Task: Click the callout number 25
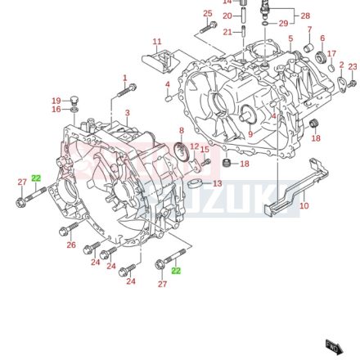click(x=207, y=13)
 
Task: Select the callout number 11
click(x=157, y=39)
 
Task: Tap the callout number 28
click(x=306, y=15)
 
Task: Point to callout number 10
click(x=304, y=207)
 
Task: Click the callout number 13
click(x=217, y=184)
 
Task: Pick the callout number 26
click(x=71, y=245)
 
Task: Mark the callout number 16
click(x=56, y=108)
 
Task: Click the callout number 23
click(x=353, y=65)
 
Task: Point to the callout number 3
click(x=127, y=111)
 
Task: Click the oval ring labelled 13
click(x=196, y=184)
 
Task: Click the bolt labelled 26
click(x=86, y=247)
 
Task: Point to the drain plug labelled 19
click(x=74, y=101)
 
